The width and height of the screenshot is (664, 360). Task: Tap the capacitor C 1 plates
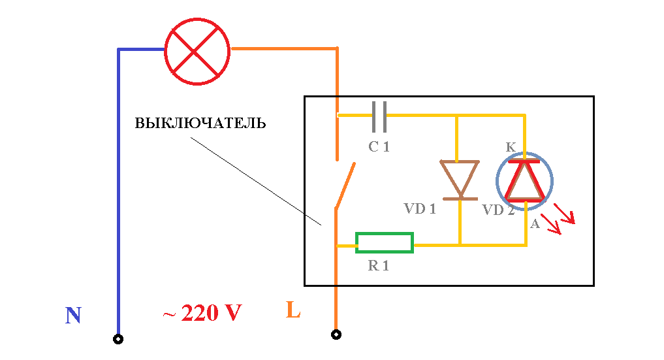click(x=379, y=116)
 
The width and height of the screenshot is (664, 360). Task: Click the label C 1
click(x=379, y=146)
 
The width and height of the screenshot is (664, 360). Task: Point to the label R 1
click(x=378, y=265)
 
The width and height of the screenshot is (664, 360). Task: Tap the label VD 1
click(x=420, y=208)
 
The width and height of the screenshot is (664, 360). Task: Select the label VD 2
click(x=498, y=210)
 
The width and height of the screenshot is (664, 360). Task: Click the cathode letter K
click(x=511, y=147)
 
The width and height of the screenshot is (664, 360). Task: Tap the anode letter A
click(x=535, y=223)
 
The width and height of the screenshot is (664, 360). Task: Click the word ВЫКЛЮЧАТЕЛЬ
click(x=200, y=123)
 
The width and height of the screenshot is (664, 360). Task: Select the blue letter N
click(x=73, y=315)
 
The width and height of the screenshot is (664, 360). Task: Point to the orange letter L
click(x=293, y=310)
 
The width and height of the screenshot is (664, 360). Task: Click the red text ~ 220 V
click(x=202, y=313)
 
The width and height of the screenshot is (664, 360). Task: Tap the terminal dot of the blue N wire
click(x=118, y=339)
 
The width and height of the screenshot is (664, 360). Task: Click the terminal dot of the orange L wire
click(x=336, y=335)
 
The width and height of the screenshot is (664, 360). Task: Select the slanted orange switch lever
click(x=345, y=186)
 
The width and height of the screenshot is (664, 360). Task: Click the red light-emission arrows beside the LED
click(x=558, y=218)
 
